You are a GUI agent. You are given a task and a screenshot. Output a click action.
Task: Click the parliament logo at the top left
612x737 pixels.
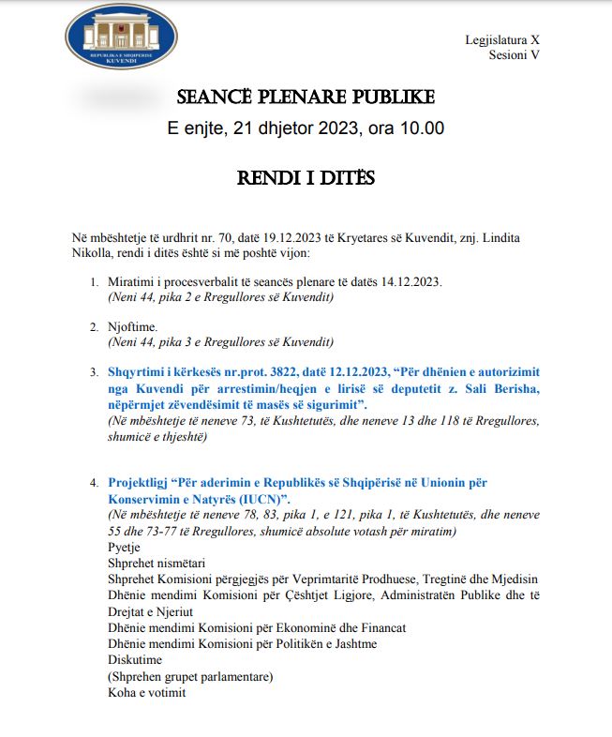[122, 36]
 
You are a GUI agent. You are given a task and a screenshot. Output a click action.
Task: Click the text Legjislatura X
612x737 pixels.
[502, 40]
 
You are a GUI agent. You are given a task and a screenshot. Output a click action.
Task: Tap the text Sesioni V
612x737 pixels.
[515, 55]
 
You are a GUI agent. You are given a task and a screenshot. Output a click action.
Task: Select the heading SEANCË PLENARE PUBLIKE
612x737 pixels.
[306, 98]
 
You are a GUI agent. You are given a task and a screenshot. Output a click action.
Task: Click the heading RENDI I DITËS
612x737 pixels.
[306, 177]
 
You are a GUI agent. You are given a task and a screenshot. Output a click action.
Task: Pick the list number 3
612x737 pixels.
[94, 372]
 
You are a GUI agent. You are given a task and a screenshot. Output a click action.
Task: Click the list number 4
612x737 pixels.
[94, 482]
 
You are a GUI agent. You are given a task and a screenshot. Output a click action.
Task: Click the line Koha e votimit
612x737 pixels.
[147, 693]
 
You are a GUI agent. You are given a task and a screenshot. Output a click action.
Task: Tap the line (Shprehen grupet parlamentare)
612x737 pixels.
[190, 676]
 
